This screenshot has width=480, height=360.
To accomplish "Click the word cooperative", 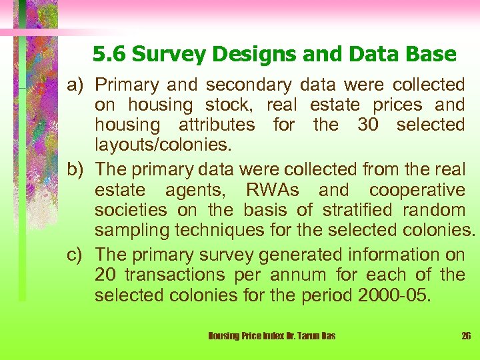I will coord(417,191).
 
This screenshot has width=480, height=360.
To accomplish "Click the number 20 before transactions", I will coord(105,275).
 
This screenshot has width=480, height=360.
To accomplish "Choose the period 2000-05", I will coord(393,294).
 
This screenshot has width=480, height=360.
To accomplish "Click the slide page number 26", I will coord(466,336).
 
